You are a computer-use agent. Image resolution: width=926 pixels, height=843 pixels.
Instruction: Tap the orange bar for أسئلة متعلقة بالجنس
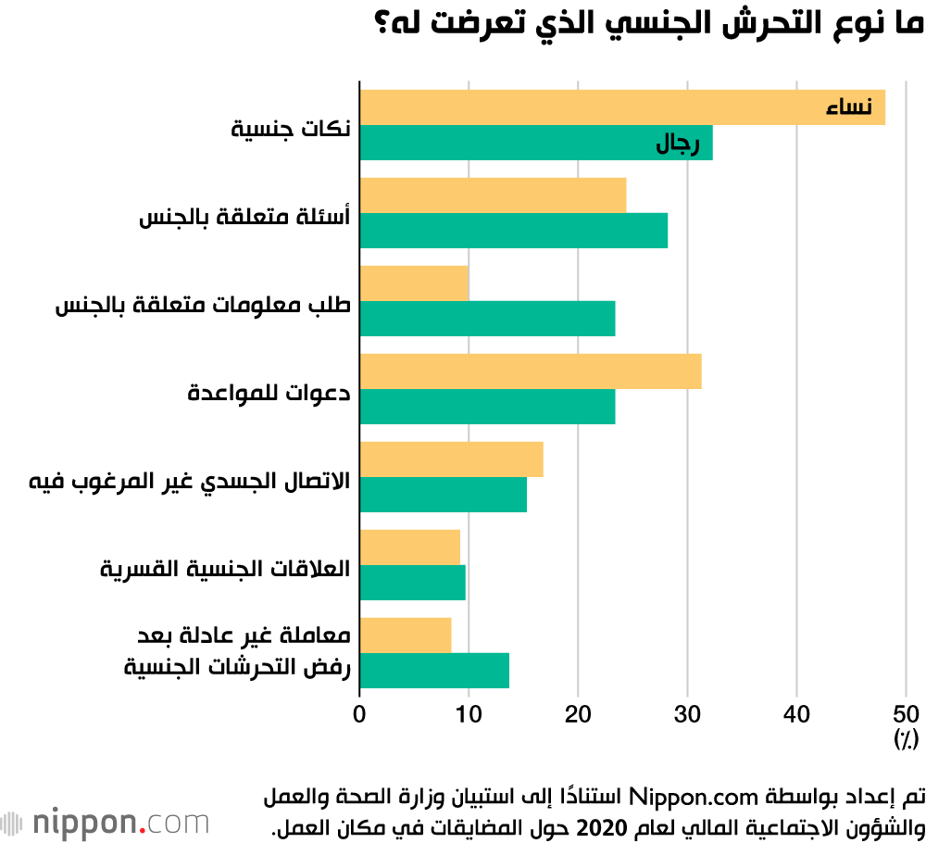(x=493, y=195)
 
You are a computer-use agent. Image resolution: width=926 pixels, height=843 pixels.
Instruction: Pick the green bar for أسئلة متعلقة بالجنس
(x=513, y=231)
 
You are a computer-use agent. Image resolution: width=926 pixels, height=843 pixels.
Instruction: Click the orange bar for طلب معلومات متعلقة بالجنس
(x=414, y=283)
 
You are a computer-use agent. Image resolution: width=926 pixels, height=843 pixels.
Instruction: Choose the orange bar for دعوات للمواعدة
(x=530, y=371)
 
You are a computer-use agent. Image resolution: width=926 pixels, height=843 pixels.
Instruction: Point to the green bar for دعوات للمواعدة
(x=487, y=407)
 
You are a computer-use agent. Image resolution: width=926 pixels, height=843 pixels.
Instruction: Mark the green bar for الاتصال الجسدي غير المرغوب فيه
(x=443, y=495)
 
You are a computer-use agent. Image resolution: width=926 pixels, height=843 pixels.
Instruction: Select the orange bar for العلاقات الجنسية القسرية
(x=409, y=547)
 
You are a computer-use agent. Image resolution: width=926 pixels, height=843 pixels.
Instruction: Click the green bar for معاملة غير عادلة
(x=433, y=670)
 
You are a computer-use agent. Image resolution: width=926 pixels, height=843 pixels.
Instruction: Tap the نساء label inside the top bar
(x=849, y=108)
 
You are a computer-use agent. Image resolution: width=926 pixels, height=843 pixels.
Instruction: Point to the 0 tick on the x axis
(x=359, y=713)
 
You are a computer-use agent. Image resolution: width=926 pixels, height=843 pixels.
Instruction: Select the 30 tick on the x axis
(x=687, y=713)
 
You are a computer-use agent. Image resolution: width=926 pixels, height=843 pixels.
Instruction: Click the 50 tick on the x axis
(x=905, y=713)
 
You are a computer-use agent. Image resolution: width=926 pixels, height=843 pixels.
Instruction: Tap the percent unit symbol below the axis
(x=905, y=738)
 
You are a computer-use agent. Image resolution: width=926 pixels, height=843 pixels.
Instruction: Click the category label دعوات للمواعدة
(x=269, y=393)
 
